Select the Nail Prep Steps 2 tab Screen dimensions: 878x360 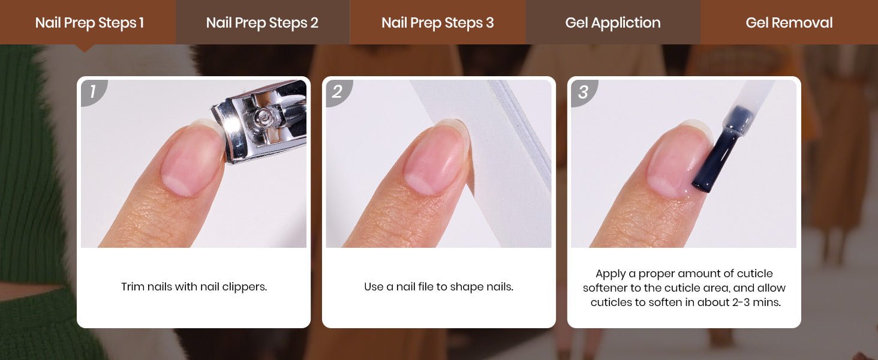pos(263,22)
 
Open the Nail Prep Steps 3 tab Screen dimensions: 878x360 pos(437,22)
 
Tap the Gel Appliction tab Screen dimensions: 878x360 pos(613,22)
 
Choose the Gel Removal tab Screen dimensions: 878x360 pos(789,22)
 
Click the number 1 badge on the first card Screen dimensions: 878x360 pos(93,92)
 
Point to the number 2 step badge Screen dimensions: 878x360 pos(338,92)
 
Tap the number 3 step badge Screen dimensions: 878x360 pos(583,92)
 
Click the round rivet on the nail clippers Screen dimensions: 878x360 pos(261,116)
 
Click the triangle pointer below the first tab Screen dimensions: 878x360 pos(85,48)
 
